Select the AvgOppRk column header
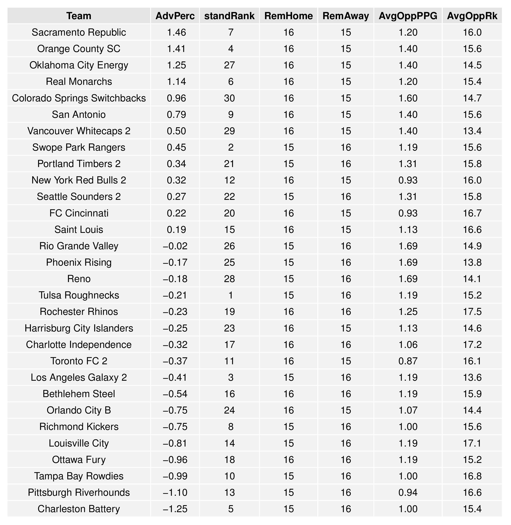[472, 16]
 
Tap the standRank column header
[229, 16]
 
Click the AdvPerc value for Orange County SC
[176, 49]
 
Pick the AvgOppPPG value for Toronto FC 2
[408, 361]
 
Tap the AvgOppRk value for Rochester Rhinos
[472, 312]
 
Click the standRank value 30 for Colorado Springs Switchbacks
[229, 98]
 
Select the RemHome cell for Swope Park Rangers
[289, 147]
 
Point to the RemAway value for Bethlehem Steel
[346, 394]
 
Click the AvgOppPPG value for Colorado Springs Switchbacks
[408, 98]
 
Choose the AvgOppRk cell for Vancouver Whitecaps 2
[472, 131]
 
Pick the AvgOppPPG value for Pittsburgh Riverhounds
[408, 493]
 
